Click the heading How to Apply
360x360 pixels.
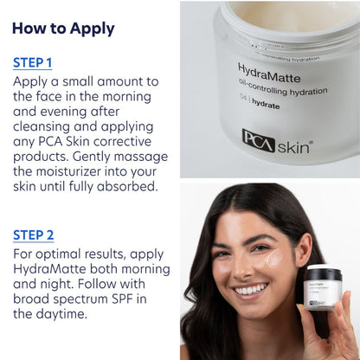[63, 29]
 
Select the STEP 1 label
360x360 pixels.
[33, 62]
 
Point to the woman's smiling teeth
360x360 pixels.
[250, 289]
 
